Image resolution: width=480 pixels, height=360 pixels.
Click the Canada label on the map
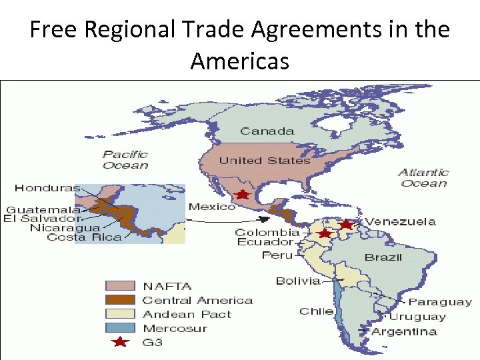tap(267, 131)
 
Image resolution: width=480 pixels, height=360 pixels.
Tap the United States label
tap(265, 161)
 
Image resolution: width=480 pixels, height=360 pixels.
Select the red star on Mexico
tap(243, 195)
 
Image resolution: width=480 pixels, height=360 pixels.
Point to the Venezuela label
tap(400, 221)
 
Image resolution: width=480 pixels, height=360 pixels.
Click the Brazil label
tap(383, 257)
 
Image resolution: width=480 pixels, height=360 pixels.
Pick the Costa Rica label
tap(84, 237)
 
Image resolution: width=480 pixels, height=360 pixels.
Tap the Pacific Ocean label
tap(125, 159)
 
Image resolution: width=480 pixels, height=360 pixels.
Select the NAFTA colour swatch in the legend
tap(120, 287)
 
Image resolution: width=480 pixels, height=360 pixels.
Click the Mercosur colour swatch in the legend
tap(120, 328)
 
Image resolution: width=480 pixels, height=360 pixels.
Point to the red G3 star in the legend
tap(120, 342)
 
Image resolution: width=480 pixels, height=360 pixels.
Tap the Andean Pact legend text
tap(187, 314)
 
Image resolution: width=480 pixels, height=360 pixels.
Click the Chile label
tap(316, 311)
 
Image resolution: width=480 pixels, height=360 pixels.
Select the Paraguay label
tap(440, 303)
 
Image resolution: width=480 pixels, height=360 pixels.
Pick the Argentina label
tap(405, 331)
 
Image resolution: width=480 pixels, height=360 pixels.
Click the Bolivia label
tap(298, 281)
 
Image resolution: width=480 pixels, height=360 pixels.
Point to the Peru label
tap(277, 255)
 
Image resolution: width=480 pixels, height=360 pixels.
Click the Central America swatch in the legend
tap(120, 301)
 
